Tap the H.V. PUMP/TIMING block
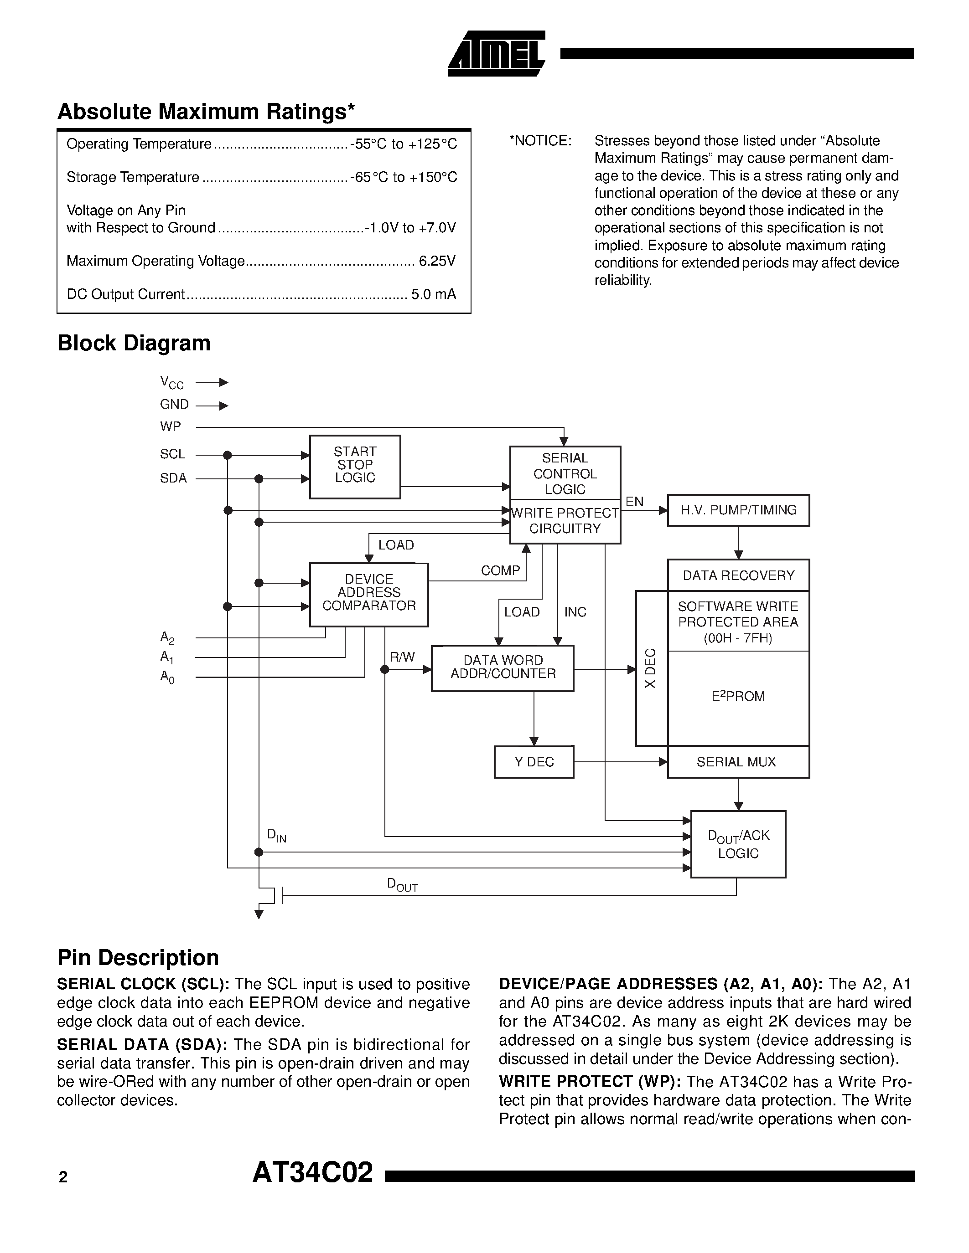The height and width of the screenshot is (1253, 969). pos(738,510)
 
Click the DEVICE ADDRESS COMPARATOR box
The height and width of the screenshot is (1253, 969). pos(368,594)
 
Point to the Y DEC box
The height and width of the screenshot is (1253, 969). pos(534,762)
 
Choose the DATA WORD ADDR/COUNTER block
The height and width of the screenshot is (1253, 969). pos(503,668)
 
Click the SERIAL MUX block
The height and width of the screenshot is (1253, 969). pos(738,762)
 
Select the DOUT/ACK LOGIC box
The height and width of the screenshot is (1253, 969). pos(738,844)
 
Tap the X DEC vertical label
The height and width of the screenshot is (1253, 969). pos(650,668)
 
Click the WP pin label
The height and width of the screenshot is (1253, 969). pos(171,427)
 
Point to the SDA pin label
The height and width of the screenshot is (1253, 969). pos(173,478)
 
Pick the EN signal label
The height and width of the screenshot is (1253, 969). pos(634,502)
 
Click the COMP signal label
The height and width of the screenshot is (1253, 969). pos(500,570)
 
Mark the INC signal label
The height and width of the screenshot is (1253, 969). pos(575,612)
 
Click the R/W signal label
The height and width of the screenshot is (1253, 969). pos(402,657)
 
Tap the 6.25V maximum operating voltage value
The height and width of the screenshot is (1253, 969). pos(437,261)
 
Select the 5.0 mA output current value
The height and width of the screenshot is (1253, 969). pos(433,294)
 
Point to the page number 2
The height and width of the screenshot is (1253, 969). pos(63,1177)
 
